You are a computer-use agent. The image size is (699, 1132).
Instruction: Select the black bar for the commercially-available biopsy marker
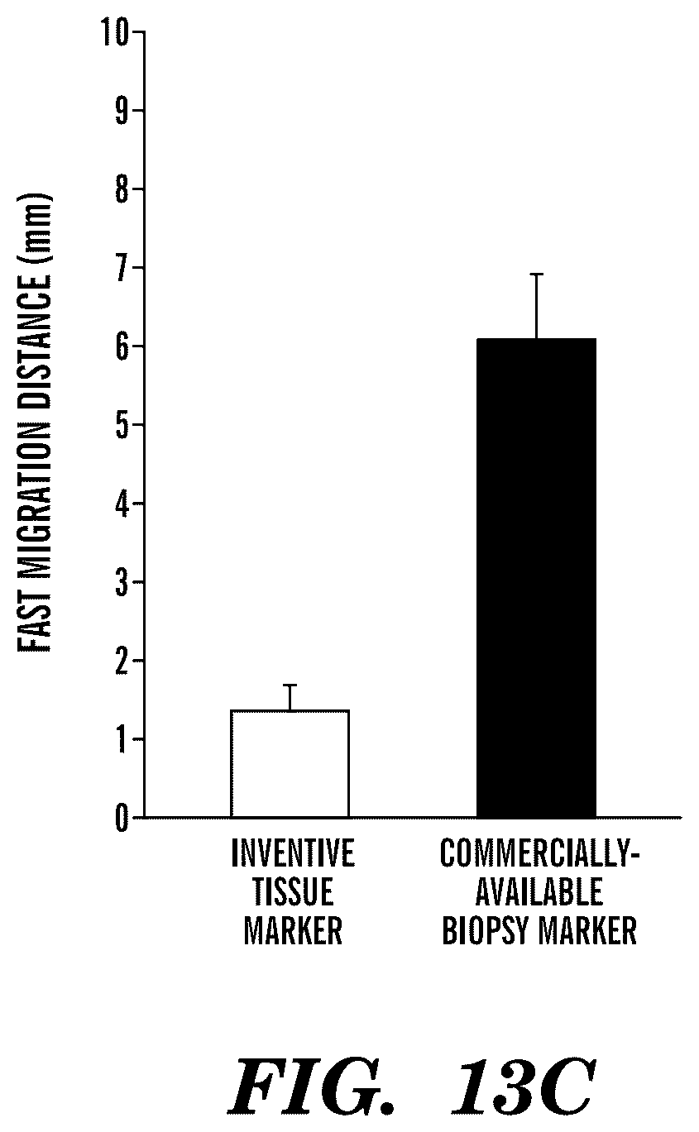pos(536,578)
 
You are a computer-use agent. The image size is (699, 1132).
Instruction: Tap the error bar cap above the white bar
pos(290,685)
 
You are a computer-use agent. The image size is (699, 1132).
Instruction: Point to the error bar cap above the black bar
pos(536,274)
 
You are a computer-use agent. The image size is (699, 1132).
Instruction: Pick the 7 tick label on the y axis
pos(122,267)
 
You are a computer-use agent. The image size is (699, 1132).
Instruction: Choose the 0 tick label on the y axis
pos(122,818)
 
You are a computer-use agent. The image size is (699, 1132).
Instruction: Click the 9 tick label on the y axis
pos(122,110)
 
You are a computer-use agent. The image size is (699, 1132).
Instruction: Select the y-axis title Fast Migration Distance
pos(35,423)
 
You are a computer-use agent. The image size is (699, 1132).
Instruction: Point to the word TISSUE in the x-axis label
pos(293,891)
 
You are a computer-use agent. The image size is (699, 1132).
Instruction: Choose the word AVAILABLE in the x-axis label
pos(539,891)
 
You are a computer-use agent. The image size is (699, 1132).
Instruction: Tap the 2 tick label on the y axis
pos(122,661)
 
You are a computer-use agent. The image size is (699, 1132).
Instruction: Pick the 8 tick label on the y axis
pos(122,189)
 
